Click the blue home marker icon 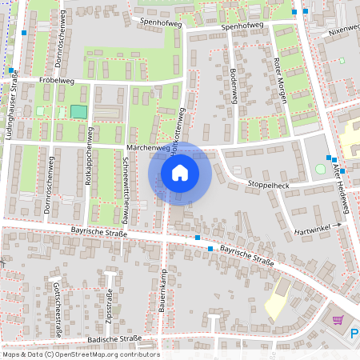coord(180,172)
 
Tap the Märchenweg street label coord(149,148)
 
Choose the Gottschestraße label coord(56,302)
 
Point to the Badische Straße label coord(114,338)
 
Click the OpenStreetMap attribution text coord(80,354)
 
